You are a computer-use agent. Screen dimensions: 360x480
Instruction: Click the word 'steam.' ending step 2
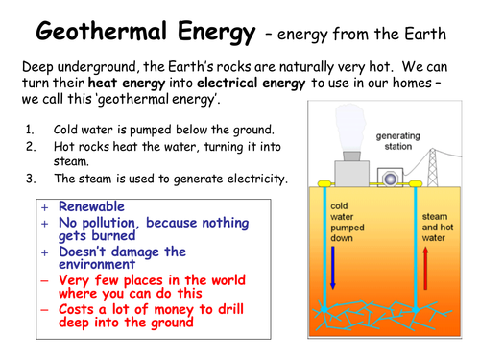pos(69,162)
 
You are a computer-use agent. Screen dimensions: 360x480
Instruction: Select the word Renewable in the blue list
pos(92,205)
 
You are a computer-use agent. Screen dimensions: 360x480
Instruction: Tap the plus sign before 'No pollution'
pos(44,223)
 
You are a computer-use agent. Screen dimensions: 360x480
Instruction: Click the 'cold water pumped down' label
pos(348,218)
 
